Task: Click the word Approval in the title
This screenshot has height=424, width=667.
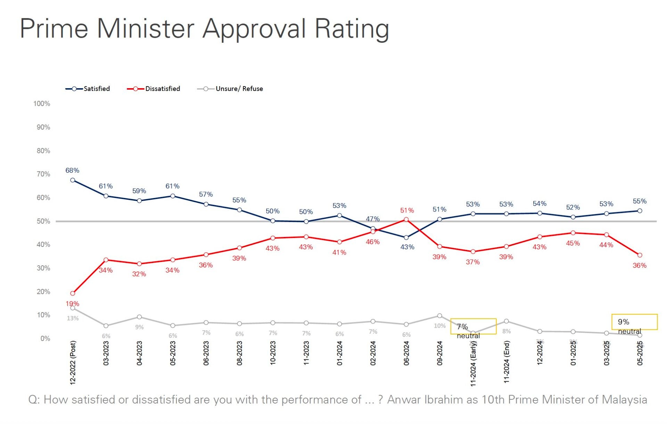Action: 254,29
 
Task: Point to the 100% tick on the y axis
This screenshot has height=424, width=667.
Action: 42,104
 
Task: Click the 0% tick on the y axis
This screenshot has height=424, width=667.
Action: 45,339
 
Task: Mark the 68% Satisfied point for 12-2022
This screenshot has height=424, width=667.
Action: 73,180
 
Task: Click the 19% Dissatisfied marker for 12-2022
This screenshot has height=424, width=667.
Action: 73,293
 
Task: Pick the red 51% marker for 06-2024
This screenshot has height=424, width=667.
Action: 406,219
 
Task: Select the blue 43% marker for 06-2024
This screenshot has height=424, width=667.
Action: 406,238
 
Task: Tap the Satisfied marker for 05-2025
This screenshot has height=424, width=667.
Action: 640,211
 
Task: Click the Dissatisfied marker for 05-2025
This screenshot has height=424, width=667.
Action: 640,255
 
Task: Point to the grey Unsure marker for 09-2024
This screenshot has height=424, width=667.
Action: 439,316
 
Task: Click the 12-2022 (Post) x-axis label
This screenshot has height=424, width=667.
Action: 73,363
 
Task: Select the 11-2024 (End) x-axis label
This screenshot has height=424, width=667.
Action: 507,362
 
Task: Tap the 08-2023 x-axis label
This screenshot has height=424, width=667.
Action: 239,353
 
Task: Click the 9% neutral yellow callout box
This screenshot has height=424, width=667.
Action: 634,322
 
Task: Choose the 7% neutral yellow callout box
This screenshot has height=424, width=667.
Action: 473,326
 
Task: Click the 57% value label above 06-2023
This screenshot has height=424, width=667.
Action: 206,194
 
